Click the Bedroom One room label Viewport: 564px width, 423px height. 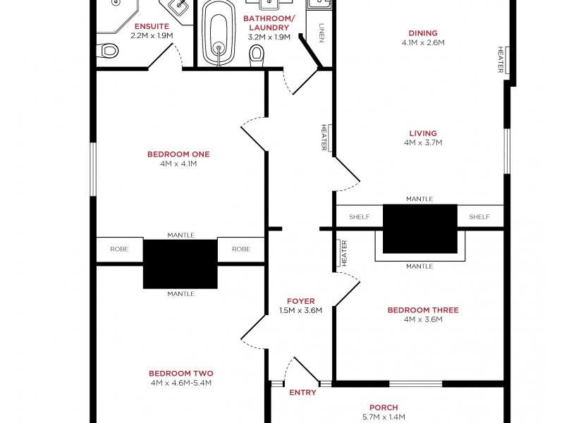pos(178,154)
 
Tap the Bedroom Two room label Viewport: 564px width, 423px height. pos(181,374)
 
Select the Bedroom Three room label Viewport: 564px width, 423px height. pos(423,310)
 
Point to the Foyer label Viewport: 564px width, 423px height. pos(301,301)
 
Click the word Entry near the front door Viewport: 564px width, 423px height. pos(303,393)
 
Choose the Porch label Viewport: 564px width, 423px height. pos(384,407)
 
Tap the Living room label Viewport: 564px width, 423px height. pos(423,133)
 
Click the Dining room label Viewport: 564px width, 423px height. pos(423,33)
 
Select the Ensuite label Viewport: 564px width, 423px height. pos(152,26)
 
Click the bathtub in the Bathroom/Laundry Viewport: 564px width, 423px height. pos(219,33)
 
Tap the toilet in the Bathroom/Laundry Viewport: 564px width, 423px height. pos(257,56)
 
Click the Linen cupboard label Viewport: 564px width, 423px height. pos(321,33)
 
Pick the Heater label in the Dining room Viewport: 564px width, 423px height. pos(501,60)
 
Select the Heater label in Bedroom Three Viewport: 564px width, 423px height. pos(344,253)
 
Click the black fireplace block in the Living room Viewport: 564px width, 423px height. pos(419,228)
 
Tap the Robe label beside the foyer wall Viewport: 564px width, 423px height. pos(241,249)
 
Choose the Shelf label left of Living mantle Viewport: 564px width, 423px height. pos(360,217)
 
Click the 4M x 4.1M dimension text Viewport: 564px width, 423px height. pos(178,164)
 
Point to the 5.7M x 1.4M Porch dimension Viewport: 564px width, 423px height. pos(384,417)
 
